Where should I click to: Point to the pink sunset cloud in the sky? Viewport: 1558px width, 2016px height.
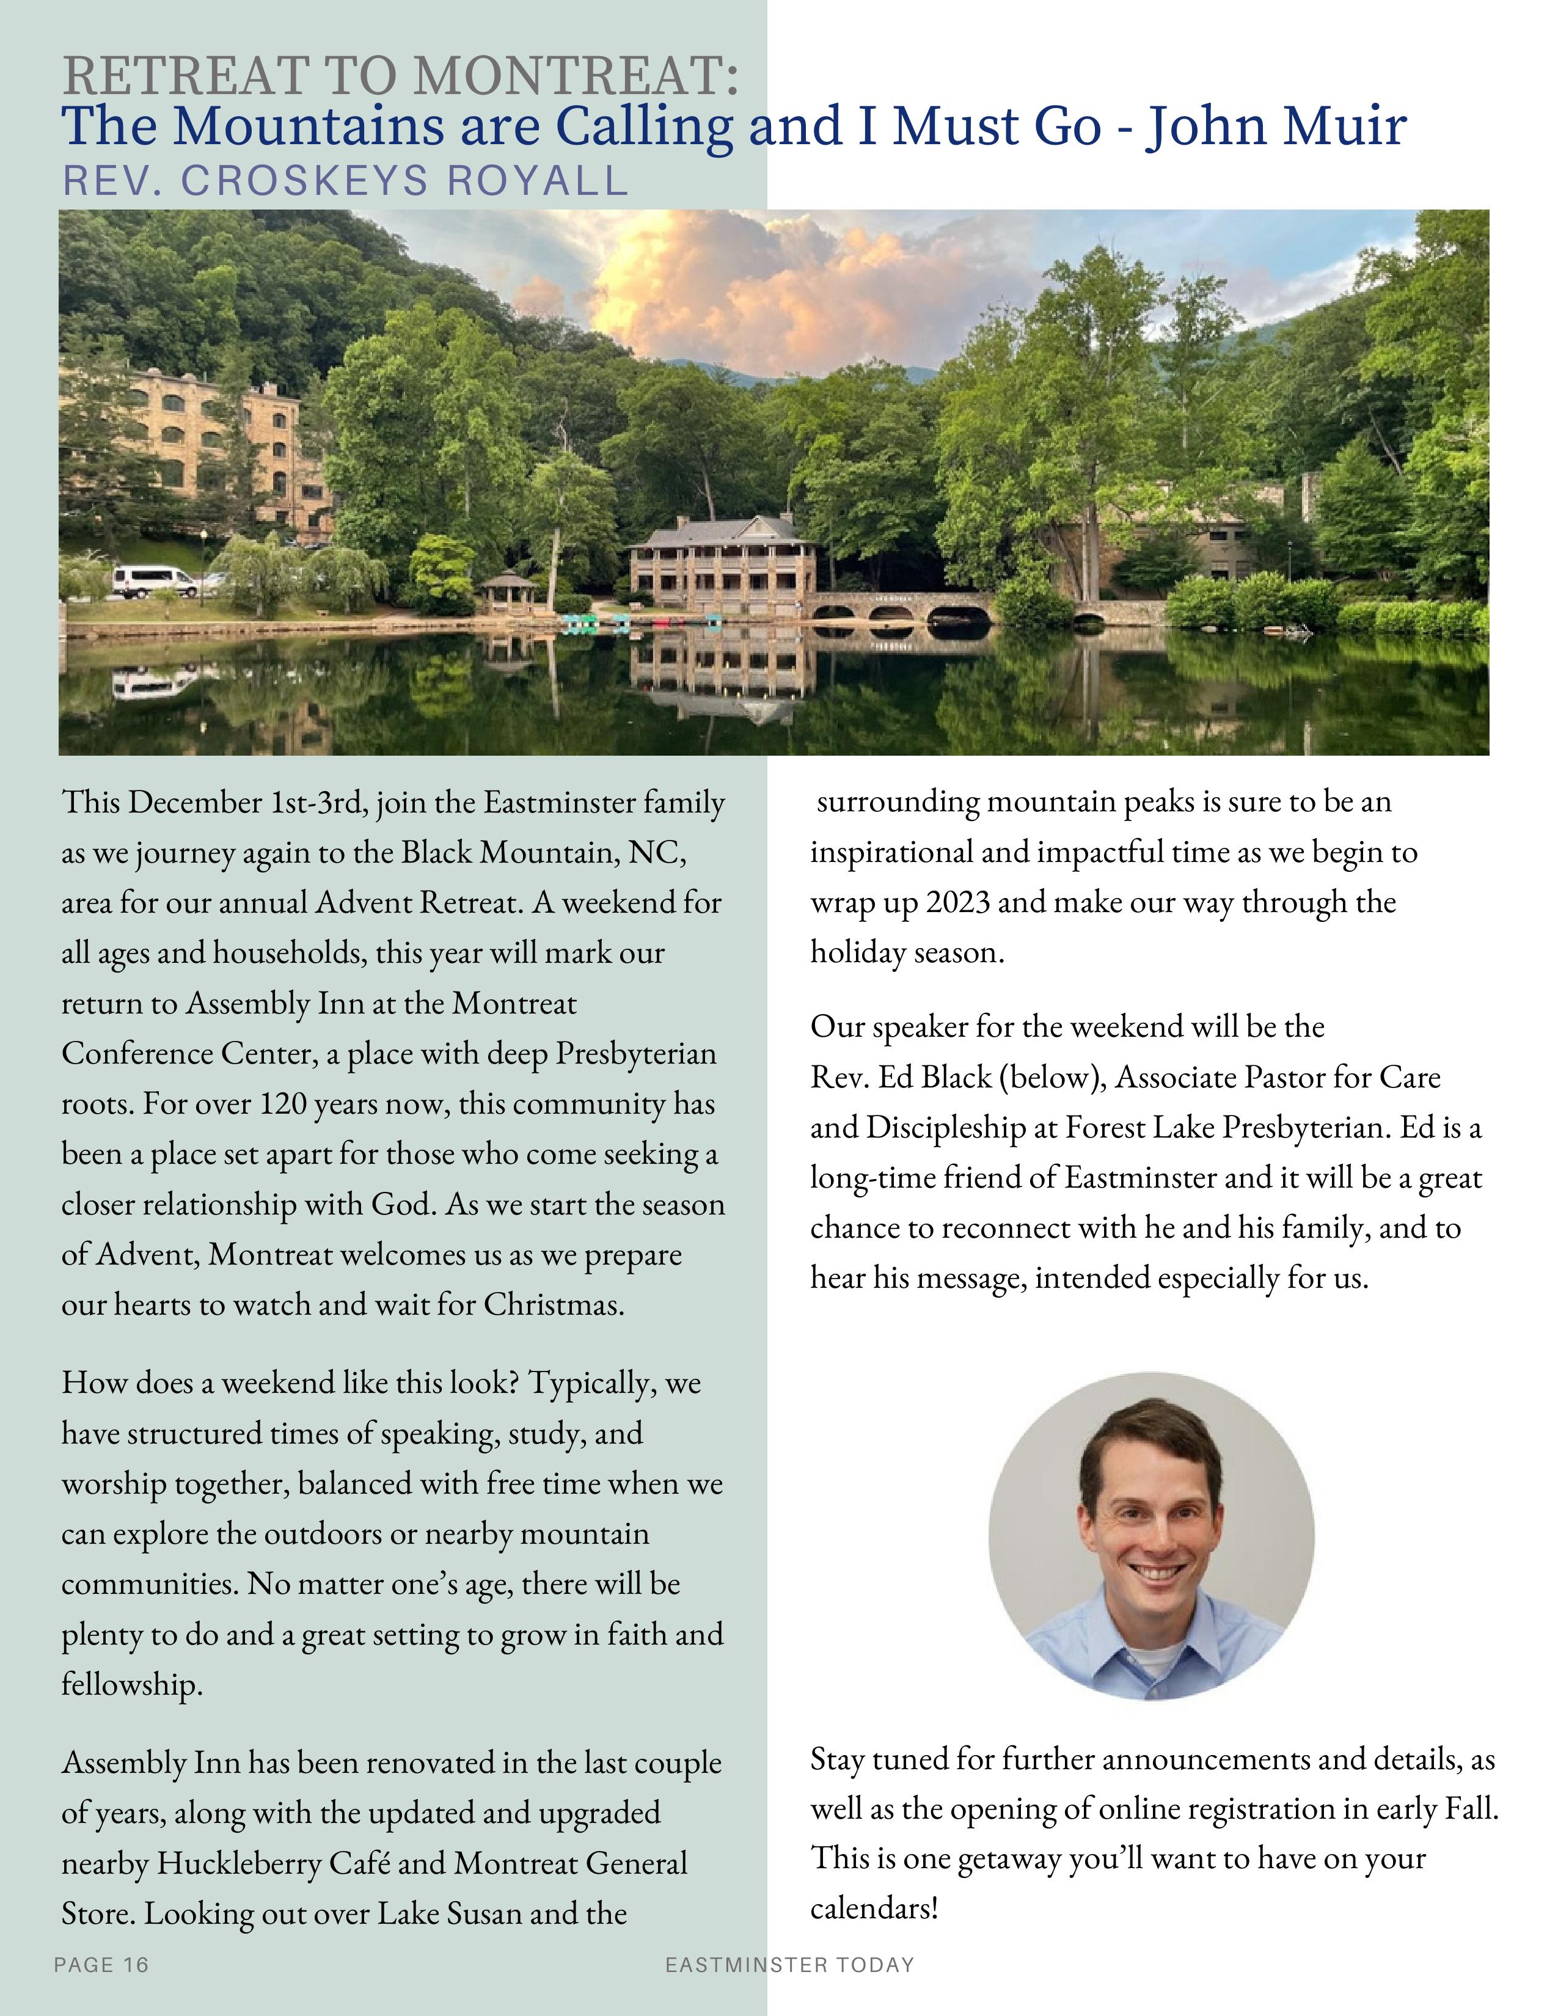(x=711, y=286)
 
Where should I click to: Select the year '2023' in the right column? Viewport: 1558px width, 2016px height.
(x=957, y=902)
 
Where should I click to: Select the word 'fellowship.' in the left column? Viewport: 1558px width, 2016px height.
(x=132, y=1685)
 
